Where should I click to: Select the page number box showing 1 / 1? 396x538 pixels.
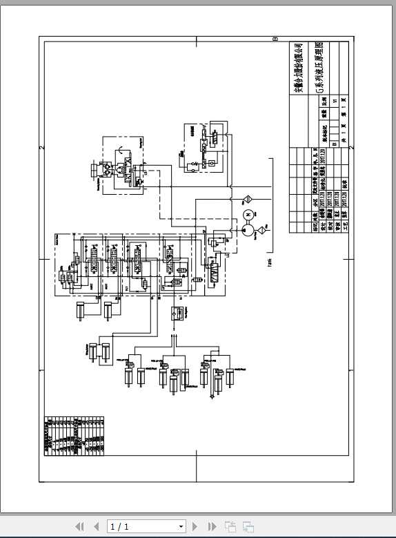point(146,526)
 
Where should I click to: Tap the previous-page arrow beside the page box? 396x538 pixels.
point(97,526)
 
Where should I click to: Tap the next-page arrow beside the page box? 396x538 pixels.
point(195,526)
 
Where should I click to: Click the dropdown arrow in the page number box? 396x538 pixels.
point(181,526)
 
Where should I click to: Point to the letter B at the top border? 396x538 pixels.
point(275,39)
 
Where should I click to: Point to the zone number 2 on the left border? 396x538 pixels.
point(42,148)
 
